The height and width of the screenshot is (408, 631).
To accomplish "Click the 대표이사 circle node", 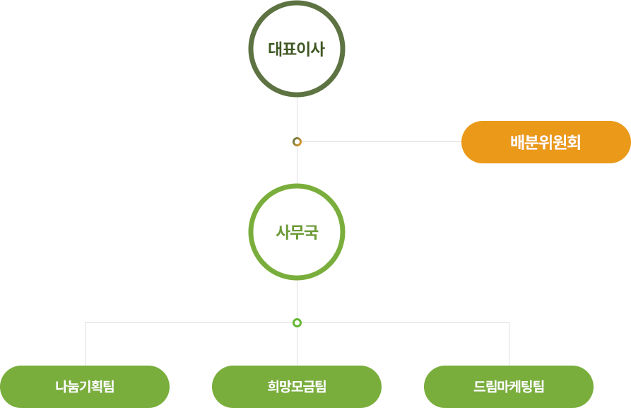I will [x=297, y=49].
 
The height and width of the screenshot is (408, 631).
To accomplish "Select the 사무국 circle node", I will [x=297, y=232].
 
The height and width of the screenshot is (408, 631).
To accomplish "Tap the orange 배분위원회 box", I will [x=546, y=142].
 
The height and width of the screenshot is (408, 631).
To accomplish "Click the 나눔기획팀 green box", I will [x=85, y=387].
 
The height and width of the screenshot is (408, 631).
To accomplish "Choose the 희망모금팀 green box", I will [x=297, y=387].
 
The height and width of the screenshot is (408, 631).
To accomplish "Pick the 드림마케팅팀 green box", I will [x=509, y=387].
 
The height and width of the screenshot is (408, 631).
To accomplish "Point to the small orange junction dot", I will [x=297, y=142].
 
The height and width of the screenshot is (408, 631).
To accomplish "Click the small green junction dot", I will [x=297, y=323].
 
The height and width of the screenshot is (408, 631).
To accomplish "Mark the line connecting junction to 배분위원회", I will [x=382, y=142].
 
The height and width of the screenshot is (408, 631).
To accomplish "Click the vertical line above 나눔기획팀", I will [x=85, y=344].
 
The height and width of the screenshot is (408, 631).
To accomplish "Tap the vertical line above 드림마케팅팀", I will [x=509, y=344].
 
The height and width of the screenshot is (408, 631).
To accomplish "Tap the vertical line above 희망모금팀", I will [x=297, y=346].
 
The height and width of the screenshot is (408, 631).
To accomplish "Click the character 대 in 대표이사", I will [x=276, y=49].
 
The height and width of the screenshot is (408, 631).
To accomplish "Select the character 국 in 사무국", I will [x=311, y=232].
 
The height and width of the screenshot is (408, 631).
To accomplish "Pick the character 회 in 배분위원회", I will [x=573, y=142].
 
